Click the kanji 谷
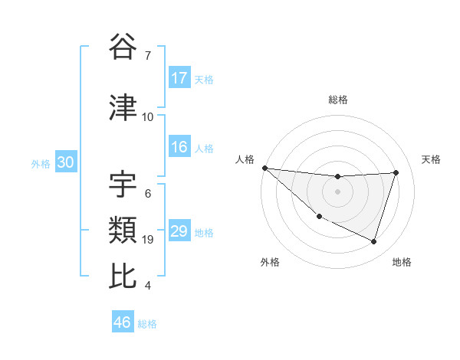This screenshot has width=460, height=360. [x=123, y=48]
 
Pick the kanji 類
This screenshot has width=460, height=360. [x=123, y=229]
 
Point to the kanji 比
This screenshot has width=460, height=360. [x=123, y=276]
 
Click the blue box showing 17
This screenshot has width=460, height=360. [x=179, y=78]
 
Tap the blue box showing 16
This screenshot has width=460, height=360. [x=179, y=148]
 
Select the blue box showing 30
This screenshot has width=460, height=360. [x=65, y=162]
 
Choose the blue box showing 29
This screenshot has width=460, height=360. [x=179, y=231]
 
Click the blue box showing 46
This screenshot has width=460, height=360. [x=123, y=322]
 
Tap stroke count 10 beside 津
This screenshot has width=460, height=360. [x=148, y=117]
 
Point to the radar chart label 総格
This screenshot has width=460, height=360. [x=337, y=100]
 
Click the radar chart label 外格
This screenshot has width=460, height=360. [x=270, y=262]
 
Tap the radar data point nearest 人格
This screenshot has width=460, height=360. [x=264, y=168]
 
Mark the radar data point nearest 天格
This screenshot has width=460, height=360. [x=396, y=172]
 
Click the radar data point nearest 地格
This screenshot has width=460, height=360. [x=373, y=241]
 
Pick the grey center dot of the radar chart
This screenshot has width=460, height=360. [x=337, y=191]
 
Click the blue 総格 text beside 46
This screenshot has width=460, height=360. [x=148, y=324]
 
